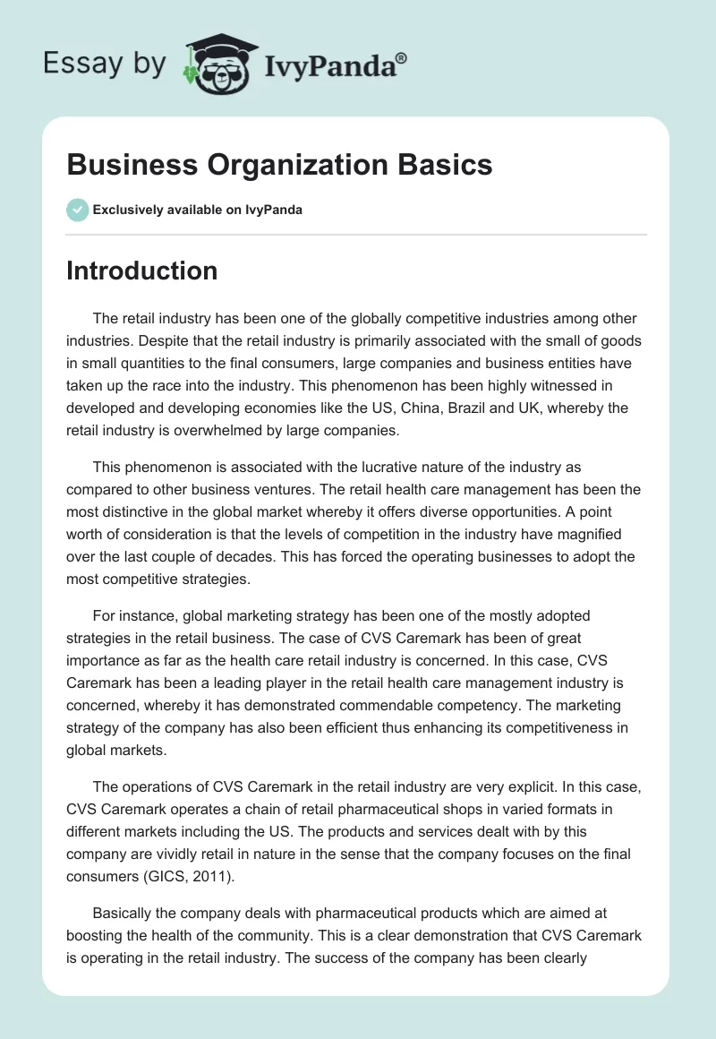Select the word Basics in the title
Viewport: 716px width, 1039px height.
tap(447, 165)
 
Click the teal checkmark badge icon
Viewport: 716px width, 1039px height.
tap(77, 210)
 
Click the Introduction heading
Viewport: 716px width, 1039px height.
tap(141, 270)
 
